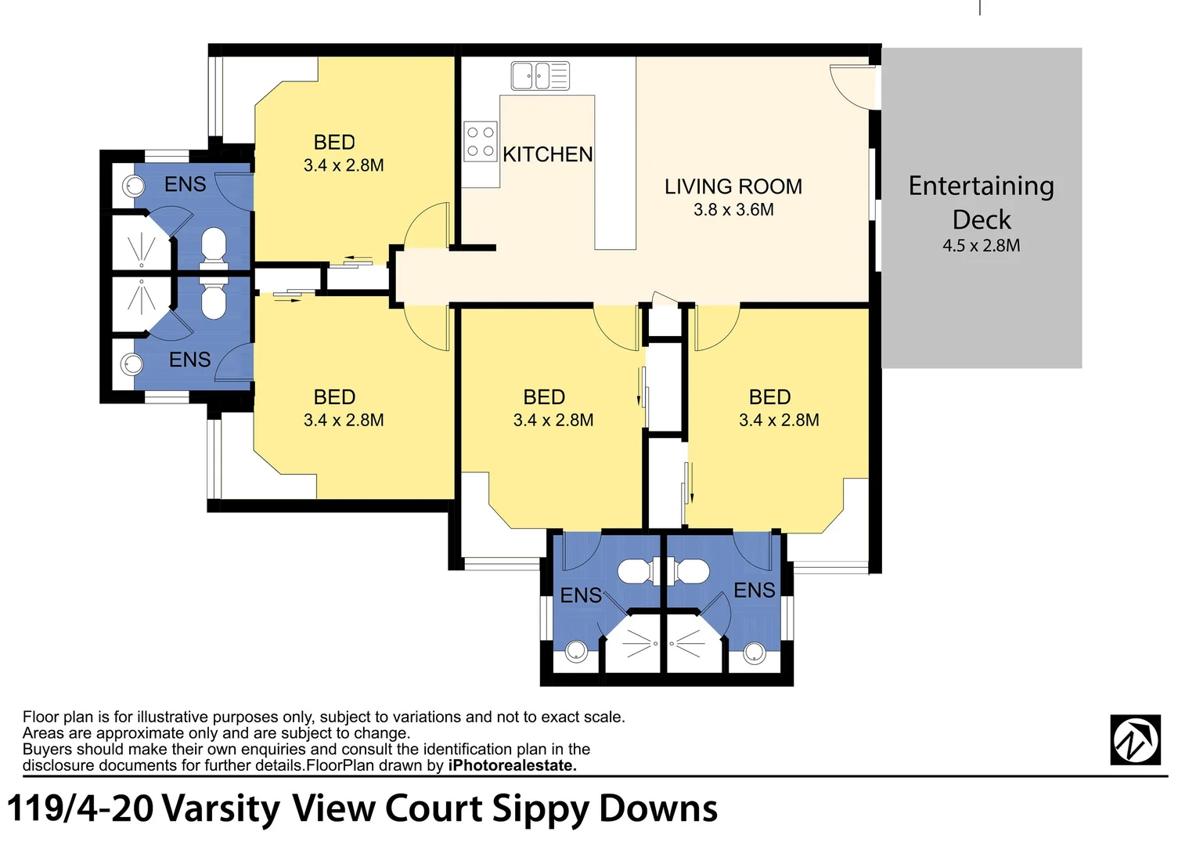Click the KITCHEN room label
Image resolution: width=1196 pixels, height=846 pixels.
coord(547,154)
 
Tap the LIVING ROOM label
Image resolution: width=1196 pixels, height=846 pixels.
coord(733,186)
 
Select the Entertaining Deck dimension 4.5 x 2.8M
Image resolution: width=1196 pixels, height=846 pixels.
coord(981,245)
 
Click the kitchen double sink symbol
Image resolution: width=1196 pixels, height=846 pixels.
coord(540,76)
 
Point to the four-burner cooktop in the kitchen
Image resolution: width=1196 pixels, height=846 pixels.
coord(481,142)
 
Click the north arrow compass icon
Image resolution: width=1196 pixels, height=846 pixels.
coord(1135,739)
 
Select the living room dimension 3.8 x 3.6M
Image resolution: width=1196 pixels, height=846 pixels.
coord(733,209)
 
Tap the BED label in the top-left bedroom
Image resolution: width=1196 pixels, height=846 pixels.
coord(334,143)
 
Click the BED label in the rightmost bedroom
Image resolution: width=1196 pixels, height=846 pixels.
coord(769,397)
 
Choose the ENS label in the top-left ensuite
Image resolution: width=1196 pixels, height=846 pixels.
coord(185,184)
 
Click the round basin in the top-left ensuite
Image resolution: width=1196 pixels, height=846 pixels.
coord(134,186)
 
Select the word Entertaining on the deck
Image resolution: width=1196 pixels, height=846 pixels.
coord(981,186)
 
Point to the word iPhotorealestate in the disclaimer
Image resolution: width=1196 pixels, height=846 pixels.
coord(512,765)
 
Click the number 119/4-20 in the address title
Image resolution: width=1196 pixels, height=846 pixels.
coord(80,808)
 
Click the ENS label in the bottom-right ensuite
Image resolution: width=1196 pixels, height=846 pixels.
coord(754,590)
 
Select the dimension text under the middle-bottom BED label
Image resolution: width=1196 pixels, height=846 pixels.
coord(553,420)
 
